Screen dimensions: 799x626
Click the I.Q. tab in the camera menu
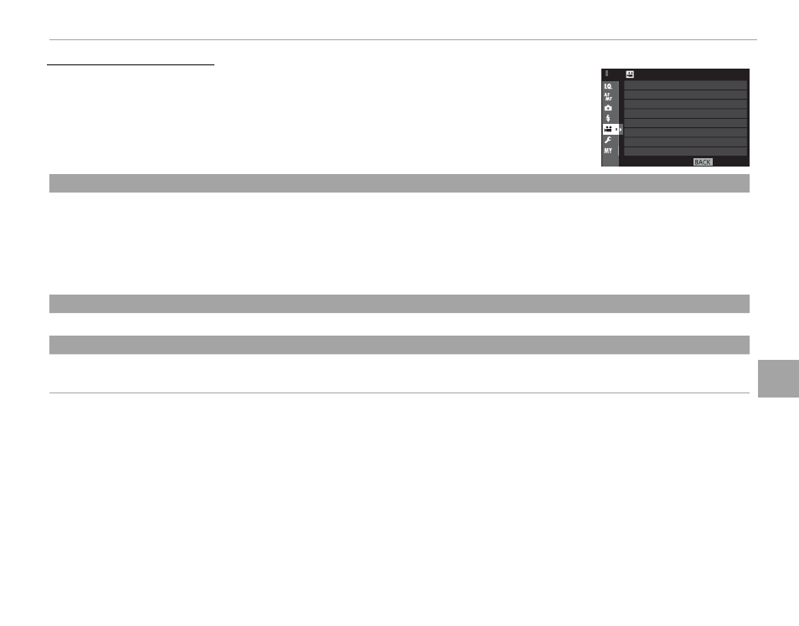608,86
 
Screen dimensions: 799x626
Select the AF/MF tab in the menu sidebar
608,97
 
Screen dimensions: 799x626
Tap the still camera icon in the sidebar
608,108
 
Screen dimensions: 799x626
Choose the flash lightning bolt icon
608,118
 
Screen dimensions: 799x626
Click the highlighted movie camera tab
611,130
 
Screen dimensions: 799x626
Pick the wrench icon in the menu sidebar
608,140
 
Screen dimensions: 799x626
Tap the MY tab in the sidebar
608,151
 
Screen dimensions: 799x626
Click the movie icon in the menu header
631,74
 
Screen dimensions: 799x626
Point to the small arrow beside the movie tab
621,130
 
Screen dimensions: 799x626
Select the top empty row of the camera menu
685,85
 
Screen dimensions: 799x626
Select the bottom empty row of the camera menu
685,151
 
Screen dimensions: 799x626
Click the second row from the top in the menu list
685,95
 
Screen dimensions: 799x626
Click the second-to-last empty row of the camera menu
685,142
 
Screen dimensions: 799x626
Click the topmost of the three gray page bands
399,183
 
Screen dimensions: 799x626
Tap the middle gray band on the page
399,304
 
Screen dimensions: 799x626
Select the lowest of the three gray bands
399,345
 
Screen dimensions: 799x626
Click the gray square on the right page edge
779,378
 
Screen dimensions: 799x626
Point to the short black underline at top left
131,64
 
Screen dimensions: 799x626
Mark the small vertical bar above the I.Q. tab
607,74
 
